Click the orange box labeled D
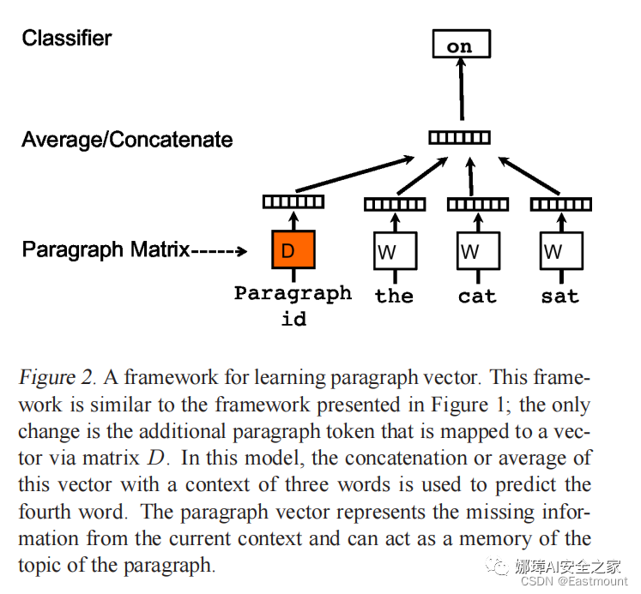click(293, 251)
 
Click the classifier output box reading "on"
click(460, 45)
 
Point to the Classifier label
click(67, 38)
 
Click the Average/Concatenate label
click(127, 140)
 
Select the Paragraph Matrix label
click(106, 249)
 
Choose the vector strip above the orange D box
click(293, 202)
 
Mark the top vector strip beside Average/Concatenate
click(460, 136)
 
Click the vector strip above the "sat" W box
click(561, 204)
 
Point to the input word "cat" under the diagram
click(477, 297)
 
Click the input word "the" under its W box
click(395, 297)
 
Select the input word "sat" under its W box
click(560, 297)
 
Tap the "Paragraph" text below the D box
click(293, 293)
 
